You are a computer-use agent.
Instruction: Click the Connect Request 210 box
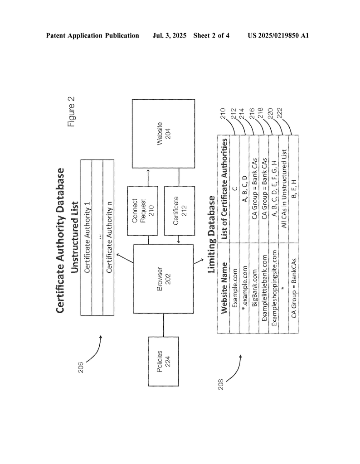tap(141, 210)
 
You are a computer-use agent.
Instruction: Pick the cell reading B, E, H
tap(294, 188)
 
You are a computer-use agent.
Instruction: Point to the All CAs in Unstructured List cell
tap(284, 188)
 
